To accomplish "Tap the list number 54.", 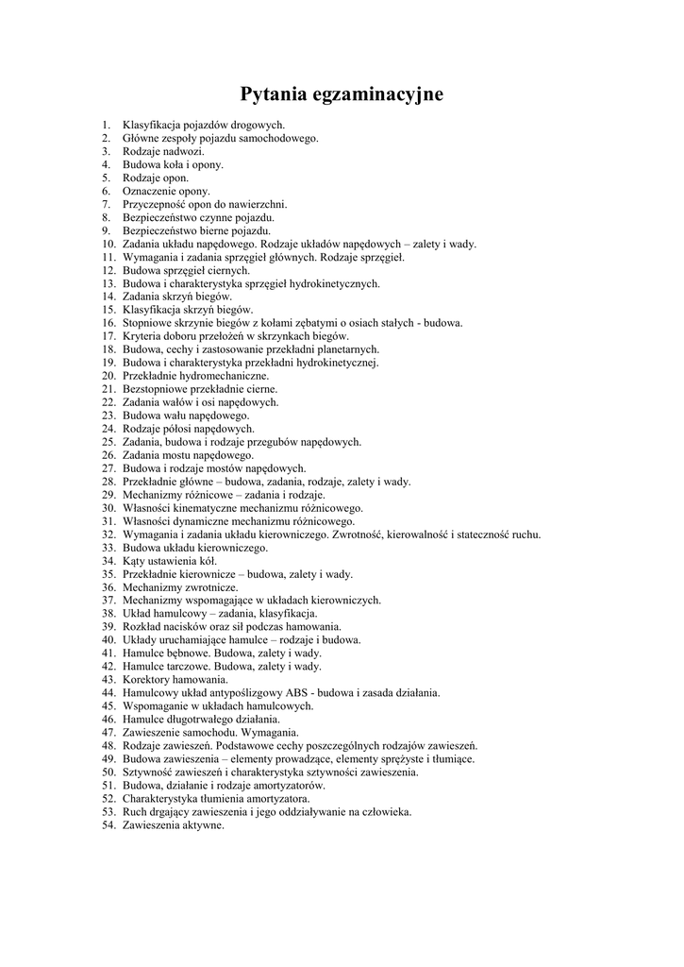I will pyautogui.click(x=107, y=825).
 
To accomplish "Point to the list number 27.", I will pyautogui.click(x=107, y=468).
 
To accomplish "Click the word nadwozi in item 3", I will pyautogui.click(x=184, y=151).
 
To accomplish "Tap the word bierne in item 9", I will pyautogui.click(x=212, y=230).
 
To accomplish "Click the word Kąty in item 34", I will pyautogui.click(x=134, y=561).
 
